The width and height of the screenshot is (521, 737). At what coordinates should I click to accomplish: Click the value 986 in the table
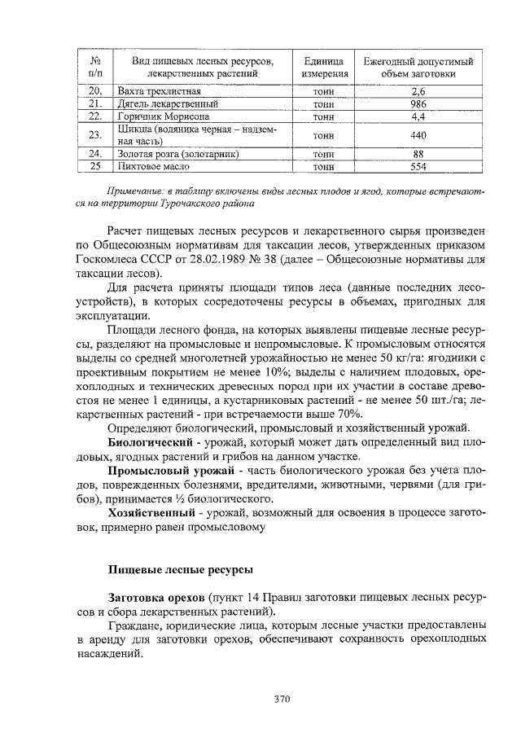click(x=418, y=104)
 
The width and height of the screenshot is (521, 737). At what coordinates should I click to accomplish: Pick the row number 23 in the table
click(x=94, y=134)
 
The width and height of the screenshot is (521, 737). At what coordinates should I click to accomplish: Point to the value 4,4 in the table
click(x=418, y=116)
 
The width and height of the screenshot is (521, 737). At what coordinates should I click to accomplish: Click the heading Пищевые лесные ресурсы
click(x=180, y=568)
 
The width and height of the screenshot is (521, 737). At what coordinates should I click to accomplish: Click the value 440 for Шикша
click(x=418, y=134)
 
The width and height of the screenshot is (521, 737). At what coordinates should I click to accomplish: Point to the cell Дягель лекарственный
click(x=168, y=104)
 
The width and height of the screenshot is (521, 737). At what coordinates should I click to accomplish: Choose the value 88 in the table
click(x=418, y=153)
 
